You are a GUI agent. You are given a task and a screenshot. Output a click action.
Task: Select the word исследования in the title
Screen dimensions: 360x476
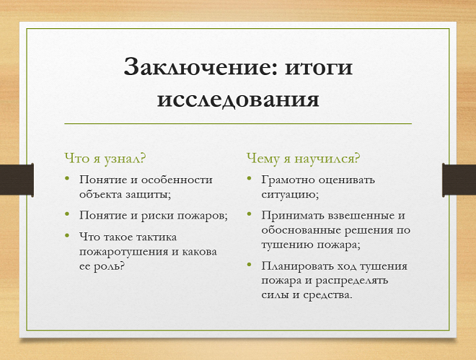pyautogui.click(x=238, y=99)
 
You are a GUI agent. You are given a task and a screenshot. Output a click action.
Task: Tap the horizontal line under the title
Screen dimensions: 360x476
pyautogui.click(x=238, y=123)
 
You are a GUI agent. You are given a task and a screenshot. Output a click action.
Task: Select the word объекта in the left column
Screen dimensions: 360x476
pyautogui.click(x=100, y=194)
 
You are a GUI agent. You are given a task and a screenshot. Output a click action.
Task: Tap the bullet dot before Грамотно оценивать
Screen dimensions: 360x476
pyautogui.click(x=249, y=180)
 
